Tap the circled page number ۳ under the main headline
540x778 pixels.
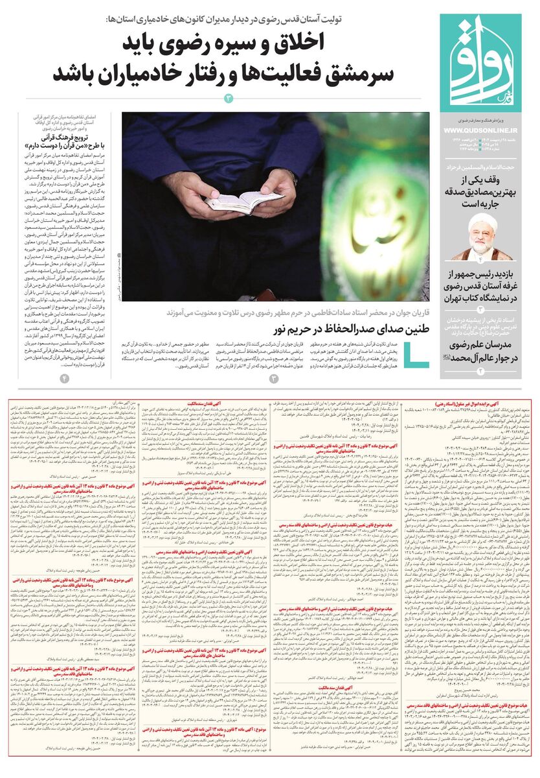click(x=227, y=99)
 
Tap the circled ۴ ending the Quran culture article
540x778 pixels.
click(x=65, y=378)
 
